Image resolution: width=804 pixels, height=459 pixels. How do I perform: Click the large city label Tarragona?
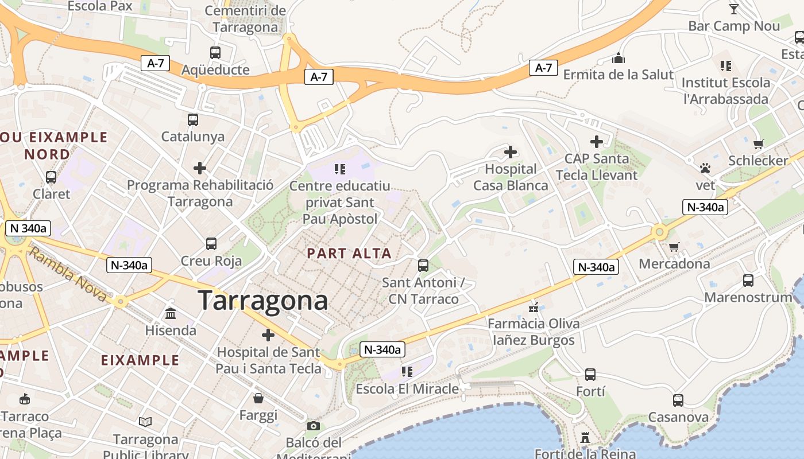pyautogui.click(x=263, y=300)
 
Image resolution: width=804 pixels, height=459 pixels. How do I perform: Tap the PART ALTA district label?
pyautogui.click(x=349, y=253)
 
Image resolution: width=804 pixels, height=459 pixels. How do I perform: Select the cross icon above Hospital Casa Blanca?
pyautogui.click(x=510, y=152)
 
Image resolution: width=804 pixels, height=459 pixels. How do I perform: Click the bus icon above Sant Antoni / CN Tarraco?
pyautogui.click(x=423, y=266)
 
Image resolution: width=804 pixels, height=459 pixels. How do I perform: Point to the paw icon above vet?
pyautogui.click(x=705, y=168)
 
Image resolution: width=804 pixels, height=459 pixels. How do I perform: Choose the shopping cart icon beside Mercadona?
pyautogui.click(x=674, y=247)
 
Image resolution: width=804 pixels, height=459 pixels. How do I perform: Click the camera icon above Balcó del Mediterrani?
pyautogui.click(x=313, y=426)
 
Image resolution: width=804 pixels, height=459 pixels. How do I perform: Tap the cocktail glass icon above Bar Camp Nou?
pyautogui.click(x=733, y=9)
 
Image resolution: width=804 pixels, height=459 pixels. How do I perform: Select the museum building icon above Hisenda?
pyautogui.click(x=171, y=313)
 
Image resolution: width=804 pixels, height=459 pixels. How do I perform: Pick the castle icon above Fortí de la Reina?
pyautogui.click(x=585, y=438)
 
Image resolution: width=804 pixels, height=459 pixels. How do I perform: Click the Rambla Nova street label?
pyautogui.click(x=68, y=274)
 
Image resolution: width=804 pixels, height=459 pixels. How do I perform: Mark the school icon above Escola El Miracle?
pyautogui.click(x=407, y=372)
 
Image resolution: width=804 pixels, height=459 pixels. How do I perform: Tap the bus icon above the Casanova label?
pyautogui.click(x=678, y=400)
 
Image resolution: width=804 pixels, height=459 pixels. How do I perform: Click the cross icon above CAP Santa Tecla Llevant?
pyautogui.click(x=597, y=141)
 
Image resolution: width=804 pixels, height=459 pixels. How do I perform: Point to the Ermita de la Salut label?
pyautogui.click(x=618, y=75)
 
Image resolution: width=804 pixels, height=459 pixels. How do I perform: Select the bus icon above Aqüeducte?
pyautogui.click(x=215, y=53)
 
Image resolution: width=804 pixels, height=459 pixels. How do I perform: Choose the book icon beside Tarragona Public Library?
pyautogui.click(x=145, y=422)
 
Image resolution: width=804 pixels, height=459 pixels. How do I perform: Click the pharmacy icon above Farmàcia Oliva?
pyautogui.click(x=534, y=307)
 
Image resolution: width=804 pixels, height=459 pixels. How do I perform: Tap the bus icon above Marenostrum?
pyautogui.click(x=748, y=281)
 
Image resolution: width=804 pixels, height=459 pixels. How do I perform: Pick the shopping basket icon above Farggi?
pyautogui.click(x=258, y=398)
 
